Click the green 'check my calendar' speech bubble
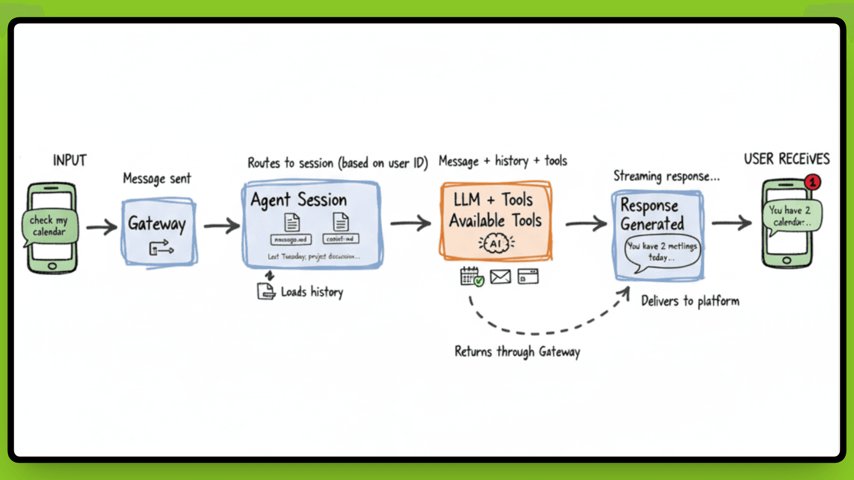tap(49, 226)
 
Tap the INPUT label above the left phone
tap(70, 160)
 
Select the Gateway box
tap(159, 232)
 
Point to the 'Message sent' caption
tap(157, 179)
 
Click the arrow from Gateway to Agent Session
tap(222, 225)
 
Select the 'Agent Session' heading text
tap(298, 200)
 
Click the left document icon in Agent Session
tap(292, 222)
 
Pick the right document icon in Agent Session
tap(341, 222)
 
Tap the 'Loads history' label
tap(312, 292)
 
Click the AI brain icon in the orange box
tap(496, 243)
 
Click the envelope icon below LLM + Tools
tap(500, 276)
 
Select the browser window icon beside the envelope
tap(528, 276)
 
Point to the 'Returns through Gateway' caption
tap(517, 352)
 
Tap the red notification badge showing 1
tap(813, 182)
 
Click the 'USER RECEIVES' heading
tap(787, 159)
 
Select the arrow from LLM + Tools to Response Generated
tap(586, 224)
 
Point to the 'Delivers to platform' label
tap(690, 301)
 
